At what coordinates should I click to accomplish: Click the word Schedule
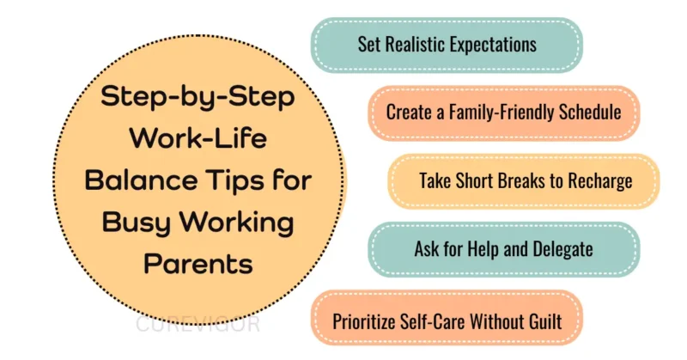[x=588, y=112]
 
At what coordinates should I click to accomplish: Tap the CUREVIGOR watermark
[x=198, y=326]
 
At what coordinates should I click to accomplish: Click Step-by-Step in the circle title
[x=198, y=98]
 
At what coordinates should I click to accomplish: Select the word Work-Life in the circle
[x=198, y=139]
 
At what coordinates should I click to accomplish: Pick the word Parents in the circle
[x=198, y=263]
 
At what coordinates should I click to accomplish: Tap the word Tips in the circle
[x=238, y=180]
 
